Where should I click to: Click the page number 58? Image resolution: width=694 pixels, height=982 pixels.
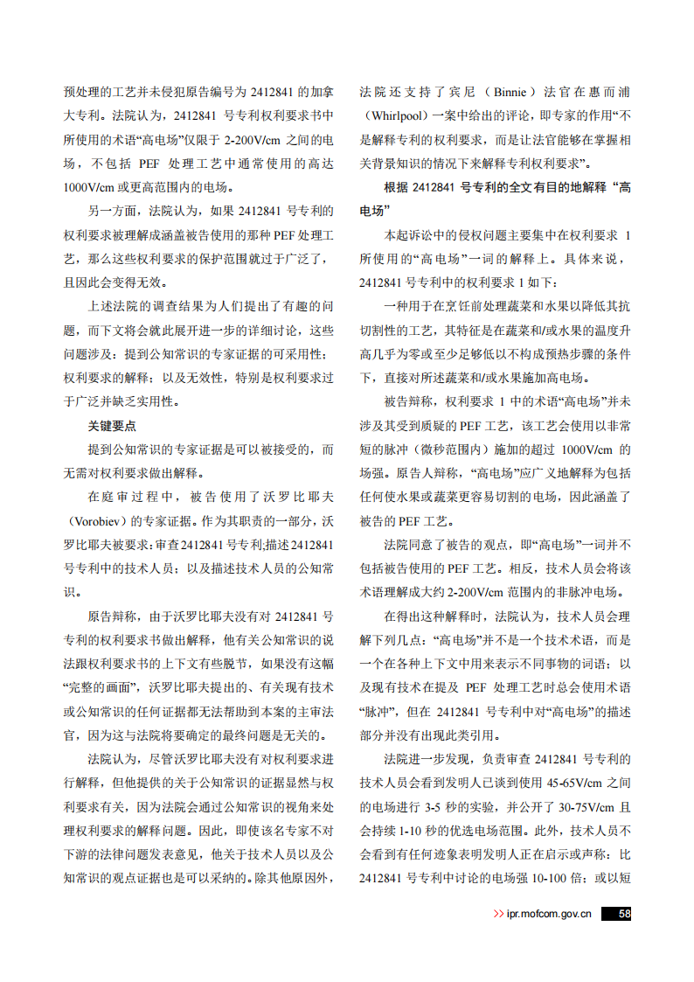(623, 914)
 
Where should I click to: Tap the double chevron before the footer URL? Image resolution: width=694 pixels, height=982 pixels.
(498, 915)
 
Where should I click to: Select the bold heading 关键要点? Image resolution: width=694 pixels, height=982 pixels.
(112, 426)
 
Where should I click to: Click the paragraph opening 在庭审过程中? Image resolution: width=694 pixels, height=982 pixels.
(128, 498)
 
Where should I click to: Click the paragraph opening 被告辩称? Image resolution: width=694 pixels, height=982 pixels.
(413, 402)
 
